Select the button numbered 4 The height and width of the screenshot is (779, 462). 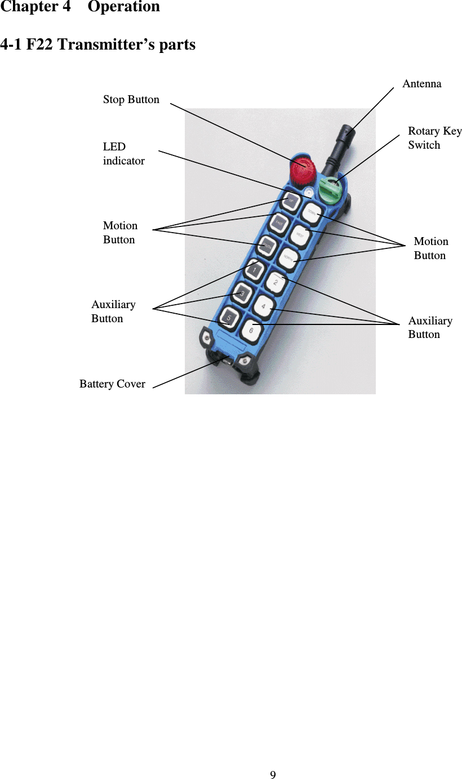[x=264, y=308]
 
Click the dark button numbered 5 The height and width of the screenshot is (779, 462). [x=229, y=317]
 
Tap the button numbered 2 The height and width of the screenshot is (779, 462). [x=276, y=282]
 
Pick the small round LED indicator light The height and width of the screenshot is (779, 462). [x=308, y=192]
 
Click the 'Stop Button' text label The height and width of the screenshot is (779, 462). [x=131, y=100]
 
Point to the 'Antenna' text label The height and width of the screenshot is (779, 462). [x=422, y=84]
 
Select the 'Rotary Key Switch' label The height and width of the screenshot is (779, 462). [x=434, y=138]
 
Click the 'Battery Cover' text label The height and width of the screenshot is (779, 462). [x=112, y=385]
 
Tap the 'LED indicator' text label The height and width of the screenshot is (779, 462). [x=123, y=154]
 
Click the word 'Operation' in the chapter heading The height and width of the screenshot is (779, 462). [x=124, y=7]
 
